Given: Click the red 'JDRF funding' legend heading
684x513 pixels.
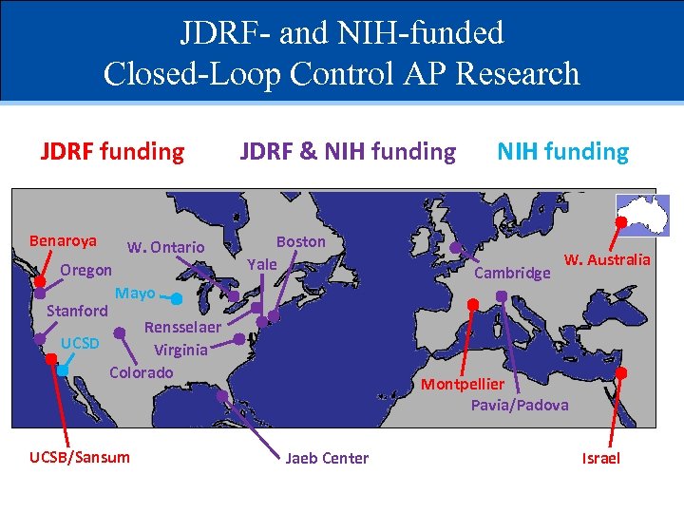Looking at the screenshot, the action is click(112, 152).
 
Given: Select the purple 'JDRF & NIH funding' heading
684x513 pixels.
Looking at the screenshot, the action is click(348, 152).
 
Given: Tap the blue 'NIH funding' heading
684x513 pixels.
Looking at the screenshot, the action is click(563, 152).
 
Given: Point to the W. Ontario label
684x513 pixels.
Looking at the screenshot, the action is click(166, 248).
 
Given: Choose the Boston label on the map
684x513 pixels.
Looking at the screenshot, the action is click(300, 241).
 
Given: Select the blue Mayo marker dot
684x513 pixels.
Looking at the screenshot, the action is click(177, 298).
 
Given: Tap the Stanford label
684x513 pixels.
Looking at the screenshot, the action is click(77, 311).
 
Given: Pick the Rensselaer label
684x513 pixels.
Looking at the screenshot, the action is click(182, 327).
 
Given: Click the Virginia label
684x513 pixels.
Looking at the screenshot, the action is click(180, 350).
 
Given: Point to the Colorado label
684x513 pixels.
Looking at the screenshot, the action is click(142, 372).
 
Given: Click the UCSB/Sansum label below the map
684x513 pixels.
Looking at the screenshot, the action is click(80, 458).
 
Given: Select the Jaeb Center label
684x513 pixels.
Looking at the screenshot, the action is click(327, 458).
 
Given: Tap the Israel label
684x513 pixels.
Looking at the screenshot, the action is click(600, 458).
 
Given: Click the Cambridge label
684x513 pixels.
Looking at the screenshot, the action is click(512, 274).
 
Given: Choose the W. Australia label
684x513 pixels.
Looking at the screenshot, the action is click(607, 259).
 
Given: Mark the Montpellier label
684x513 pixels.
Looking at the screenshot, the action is click(463, 385).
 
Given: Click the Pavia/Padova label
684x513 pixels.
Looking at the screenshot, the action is click(520, 406).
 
